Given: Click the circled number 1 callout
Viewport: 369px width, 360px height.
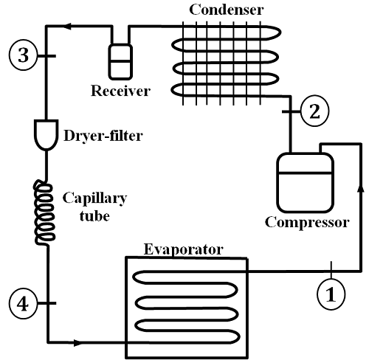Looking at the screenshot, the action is click(x=331, y=294).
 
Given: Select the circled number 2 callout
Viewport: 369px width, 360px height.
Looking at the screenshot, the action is click(x=314, y=111).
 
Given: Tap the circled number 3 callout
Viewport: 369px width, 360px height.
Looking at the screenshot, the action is click(x=24, y=55).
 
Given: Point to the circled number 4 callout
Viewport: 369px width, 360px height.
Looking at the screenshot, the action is click(x=23, y=304).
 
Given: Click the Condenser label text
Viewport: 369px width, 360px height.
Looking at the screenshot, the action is click(x=227, y=10).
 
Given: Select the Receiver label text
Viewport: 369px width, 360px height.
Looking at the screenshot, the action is click(x=120, y=91).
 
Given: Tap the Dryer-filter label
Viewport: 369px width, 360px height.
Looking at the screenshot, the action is click(x=103, y=136).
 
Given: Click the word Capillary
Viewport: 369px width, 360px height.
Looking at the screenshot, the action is click(x=94, y=198).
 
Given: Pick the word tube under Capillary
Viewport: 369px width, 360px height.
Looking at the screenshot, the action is click(x=94, y=216).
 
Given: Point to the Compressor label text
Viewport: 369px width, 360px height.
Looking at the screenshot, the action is click(x=307, y=222).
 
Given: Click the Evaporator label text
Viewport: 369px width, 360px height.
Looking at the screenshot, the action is click(x=184, y=249).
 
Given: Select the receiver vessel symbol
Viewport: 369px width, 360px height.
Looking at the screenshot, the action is click(x=120, y=62).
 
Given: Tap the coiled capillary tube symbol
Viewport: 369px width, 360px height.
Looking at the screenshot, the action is click(x=44, y=212).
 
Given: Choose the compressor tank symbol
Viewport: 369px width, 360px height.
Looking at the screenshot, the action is click(x=305, y=182).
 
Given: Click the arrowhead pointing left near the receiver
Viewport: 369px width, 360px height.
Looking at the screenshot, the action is click(x=68, y=26).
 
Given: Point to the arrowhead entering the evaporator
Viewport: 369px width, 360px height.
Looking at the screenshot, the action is click(x=77, y=342).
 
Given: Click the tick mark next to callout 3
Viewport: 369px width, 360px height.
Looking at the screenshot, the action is click(x=46, y=56).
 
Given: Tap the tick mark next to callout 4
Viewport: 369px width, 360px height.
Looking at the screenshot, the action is click(x=46, y=303).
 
